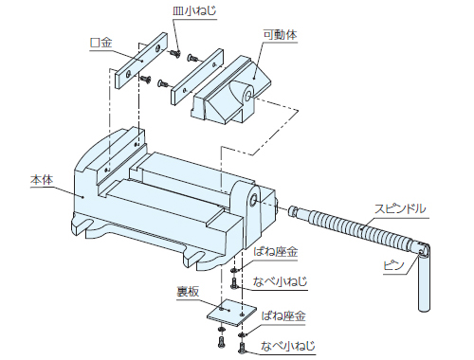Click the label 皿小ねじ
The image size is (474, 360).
pyautogui.click(x=194, y=10)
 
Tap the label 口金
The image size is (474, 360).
pyautogui.click(x=101, y=43)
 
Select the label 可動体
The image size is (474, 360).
pyautogui.click(x=281, y=34)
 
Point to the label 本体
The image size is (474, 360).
pyautogui.click(x=42, y=180)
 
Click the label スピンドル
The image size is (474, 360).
pyautogui.click(x=400, y=208)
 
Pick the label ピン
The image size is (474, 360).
pyautogui.click(x=393, y=265)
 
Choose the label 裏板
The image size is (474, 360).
pyautogui.click(x=188, y=292)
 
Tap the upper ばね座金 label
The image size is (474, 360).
pyautogui.click(x=276, y=252)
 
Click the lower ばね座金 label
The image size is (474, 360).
pyautogui.click(x=283, y=315)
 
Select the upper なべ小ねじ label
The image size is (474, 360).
pyautogui.click(x=280, y=281)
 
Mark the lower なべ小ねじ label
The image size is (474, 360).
pyautogui.click(x=288, y=346)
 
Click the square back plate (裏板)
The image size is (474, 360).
pyautogui.click(x=232, y=313)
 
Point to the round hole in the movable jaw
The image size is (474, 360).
pyautogui.click(x=247, y=96)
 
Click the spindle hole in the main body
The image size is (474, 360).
pyautogui.click(x=253, y=200)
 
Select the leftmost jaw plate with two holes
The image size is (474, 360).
pyautogui.click(x=141, y=61)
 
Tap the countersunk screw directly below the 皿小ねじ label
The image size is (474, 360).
pyautogui.click(x=174, y=53)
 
